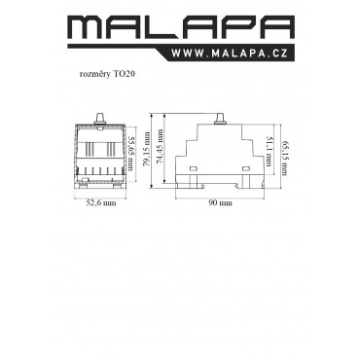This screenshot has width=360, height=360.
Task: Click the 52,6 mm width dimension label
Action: pos(101,203)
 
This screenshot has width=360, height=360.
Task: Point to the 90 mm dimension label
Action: pos(220,203)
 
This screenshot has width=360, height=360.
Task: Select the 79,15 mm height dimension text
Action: pos(147,149)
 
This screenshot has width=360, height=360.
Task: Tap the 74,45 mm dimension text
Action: pos(160,146)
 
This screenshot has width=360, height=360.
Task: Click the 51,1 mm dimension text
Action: pos(269,151)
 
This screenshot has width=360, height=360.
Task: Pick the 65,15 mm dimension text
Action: pos(285,158)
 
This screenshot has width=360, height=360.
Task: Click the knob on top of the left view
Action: pos(100,119)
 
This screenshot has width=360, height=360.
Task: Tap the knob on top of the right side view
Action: pos(221,119)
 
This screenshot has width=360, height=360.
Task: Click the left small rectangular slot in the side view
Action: pos(194,168)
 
